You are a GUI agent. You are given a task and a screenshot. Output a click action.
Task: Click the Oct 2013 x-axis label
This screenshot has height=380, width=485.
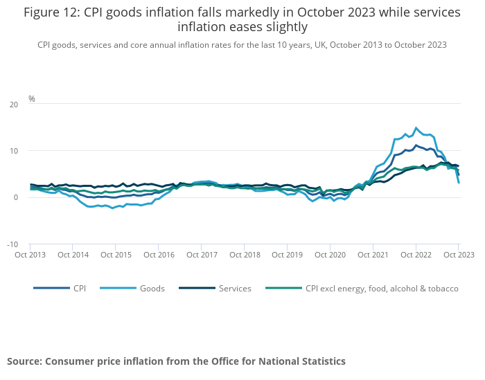click(30, 255)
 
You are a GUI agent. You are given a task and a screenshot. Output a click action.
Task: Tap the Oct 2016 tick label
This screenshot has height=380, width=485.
click(158, 255)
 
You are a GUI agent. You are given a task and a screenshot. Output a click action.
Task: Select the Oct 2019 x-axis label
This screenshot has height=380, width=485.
click(286, 255)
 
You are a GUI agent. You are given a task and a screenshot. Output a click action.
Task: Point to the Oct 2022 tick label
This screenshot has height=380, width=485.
click(415, 255)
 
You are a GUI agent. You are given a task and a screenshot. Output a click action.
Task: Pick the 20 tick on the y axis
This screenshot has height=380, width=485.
click(14, 105)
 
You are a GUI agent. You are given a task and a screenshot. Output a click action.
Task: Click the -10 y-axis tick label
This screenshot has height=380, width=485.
click(12, 244)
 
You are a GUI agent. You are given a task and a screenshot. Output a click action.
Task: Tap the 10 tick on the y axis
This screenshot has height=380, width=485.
click(14, 151)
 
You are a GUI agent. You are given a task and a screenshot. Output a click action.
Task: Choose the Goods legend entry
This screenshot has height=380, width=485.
click(152, 288)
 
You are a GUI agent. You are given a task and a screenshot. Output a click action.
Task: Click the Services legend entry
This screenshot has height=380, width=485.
click(234, 288)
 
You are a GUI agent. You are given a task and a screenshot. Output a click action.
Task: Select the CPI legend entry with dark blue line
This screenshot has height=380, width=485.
click(80, 288)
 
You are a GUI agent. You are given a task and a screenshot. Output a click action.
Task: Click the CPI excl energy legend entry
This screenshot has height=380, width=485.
click(382, 288)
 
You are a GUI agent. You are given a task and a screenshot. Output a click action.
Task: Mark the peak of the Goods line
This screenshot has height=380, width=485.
click(416, 128)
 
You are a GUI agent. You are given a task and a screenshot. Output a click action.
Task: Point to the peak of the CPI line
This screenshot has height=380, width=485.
click(416, 145)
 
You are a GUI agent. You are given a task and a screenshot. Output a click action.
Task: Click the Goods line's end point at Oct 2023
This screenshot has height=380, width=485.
click(459, 182)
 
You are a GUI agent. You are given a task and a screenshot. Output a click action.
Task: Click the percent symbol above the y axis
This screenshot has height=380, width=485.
click(32, 99)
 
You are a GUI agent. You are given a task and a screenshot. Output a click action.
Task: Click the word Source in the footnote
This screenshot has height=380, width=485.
click(24, 361)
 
